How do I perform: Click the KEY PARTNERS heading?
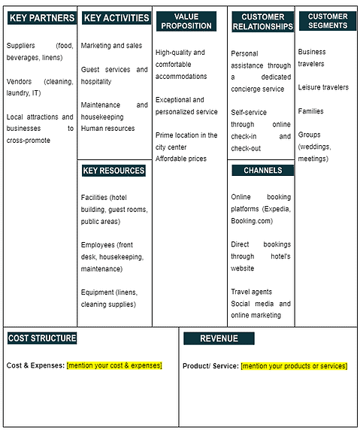(42, 18)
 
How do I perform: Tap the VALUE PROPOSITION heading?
(186, 21)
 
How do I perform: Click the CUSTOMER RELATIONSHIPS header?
(262, 22)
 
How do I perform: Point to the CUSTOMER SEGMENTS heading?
(328, 21)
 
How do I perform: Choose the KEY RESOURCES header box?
(113, 171)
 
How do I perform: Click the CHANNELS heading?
(262, 171)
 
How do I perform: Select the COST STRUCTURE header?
(42, 338)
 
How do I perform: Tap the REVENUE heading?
(219, 338)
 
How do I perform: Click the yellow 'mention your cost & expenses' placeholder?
(114, 365)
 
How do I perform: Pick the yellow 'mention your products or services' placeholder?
(294, 366)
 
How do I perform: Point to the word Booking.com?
(252, 221)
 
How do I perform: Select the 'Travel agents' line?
(251, 292)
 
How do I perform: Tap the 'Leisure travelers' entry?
(323, 88)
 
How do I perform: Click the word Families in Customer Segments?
(310, 111)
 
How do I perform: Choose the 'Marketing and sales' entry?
(111, 46)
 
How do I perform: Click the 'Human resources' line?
(108, 129)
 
